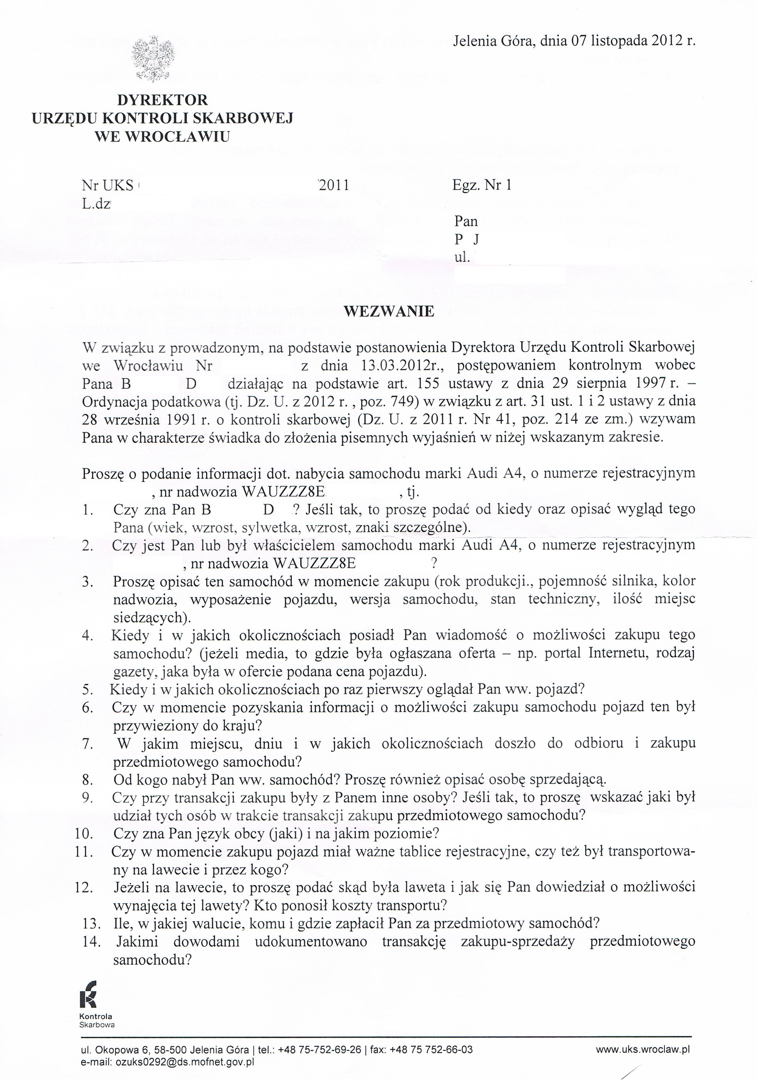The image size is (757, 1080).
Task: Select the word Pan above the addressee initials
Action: tap(466, 221)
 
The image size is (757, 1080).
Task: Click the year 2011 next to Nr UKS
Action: tap(334, 185)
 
